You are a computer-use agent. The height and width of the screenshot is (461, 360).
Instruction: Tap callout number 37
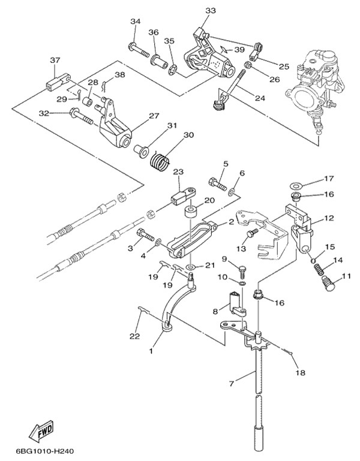[55, 60]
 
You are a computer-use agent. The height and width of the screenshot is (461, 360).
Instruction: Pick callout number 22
[134, 336]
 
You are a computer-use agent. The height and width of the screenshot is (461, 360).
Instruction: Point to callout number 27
[154, 116]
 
